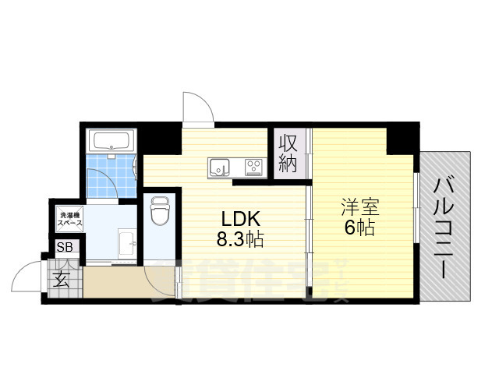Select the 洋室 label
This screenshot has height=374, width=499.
360,208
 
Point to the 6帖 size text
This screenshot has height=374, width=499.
359,228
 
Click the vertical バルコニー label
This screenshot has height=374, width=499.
445,228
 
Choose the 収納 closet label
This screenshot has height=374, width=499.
288,153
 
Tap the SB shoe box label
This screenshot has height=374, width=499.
62,249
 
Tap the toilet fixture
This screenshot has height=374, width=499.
161,210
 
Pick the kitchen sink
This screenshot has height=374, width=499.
218,167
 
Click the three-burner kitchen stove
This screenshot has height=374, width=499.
254,167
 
